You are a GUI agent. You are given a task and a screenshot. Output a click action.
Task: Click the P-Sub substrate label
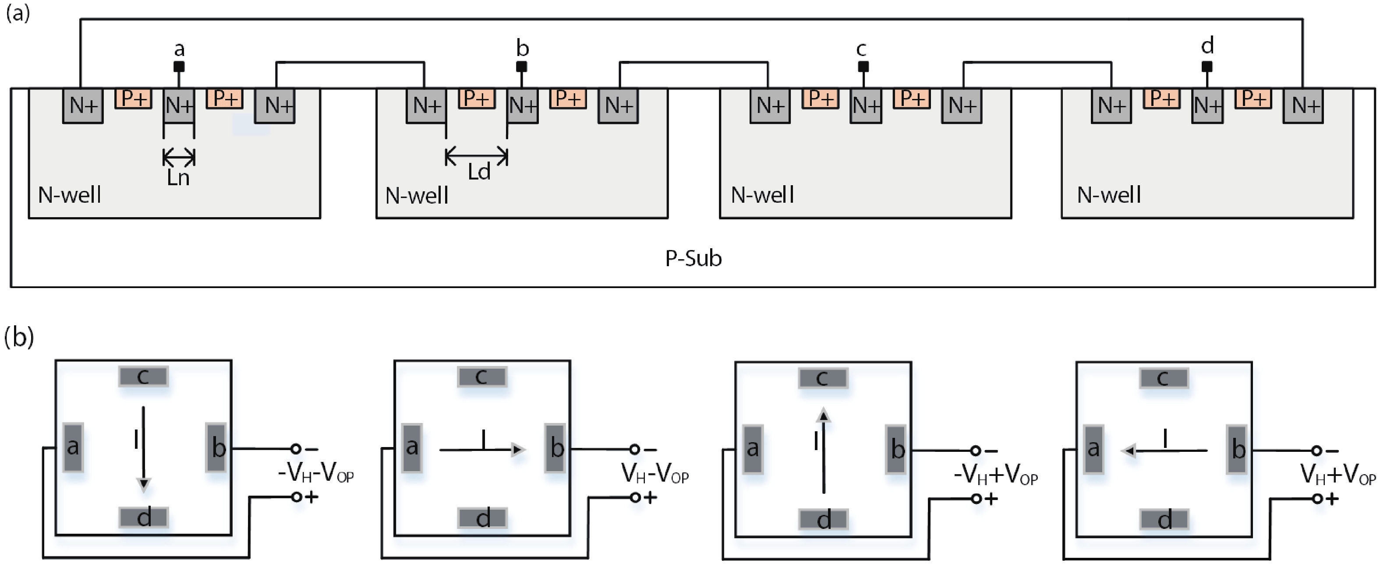693,259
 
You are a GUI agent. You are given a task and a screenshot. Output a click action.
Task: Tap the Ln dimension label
178,177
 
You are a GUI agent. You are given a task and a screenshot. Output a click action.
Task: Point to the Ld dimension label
479,172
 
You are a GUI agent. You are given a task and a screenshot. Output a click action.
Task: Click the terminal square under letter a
180,67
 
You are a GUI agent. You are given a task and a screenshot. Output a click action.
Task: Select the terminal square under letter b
521,67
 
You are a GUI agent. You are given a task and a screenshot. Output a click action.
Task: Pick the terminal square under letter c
863,67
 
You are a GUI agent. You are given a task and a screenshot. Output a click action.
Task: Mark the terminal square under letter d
1207,67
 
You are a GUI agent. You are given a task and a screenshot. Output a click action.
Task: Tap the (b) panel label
19,338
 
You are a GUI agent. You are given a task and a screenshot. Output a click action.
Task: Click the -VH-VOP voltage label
315,473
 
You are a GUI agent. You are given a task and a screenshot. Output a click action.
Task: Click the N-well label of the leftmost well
70,195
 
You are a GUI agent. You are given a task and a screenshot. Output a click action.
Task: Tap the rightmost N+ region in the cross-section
1303,106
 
